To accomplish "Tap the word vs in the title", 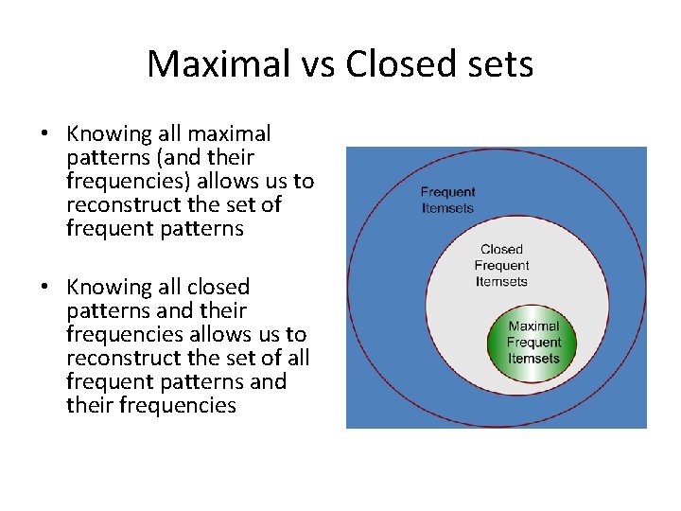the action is click(314, 64).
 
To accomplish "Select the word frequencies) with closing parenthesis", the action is click(126, 182).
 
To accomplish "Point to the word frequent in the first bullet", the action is click(106, 228).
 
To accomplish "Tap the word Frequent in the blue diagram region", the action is click(447, 193).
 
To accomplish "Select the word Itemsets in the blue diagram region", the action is click(447, 208).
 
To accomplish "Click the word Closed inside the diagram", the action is click(501, 250).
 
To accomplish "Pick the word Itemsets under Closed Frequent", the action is click(501, 281).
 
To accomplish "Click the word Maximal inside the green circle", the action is click(533, 326).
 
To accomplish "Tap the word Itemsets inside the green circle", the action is click(533, 359).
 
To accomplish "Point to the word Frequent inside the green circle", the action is click(533, 343).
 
